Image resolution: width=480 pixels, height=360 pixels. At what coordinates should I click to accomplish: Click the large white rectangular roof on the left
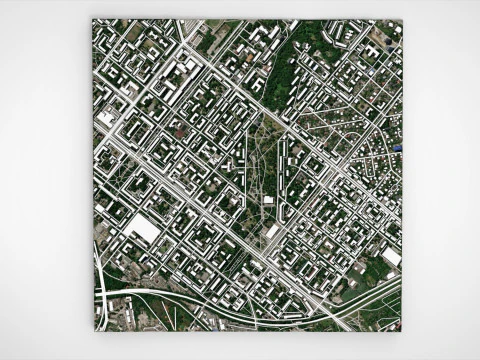(142, 230)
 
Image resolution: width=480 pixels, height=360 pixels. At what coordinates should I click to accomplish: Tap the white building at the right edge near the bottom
(391, 257)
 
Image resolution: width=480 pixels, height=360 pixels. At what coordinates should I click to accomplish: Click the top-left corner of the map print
(93, 19)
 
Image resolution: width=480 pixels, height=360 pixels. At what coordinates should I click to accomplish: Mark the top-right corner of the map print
(402, 20)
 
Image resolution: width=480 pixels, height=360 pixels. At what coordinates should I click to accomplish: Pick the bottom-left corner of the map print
(94, 330)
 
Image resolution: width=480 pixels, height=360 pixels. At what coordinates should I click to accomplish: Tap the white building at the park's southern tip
(272, 232)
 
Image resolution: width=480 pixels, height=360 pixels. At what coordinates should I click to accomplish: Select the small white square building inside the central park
(268, 199)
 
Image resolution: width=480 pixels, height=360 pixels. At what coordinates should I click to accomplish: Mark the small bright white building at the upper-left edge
(105, 118)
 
